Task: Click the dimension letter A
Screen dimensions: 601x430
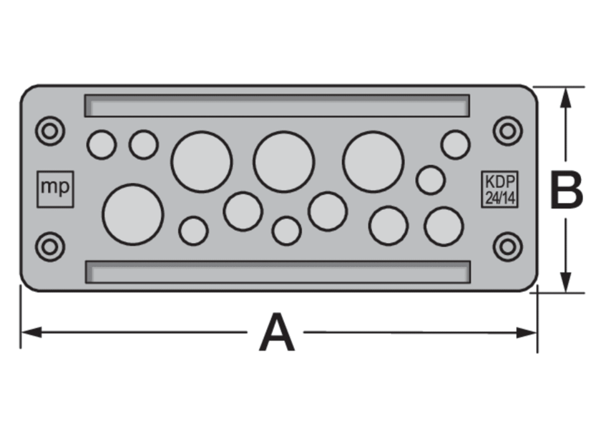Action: (277, 332)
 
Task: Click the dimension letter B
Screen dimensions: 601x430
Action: (566, 190)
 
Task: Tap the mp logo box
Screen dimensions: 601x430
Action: (55, 189)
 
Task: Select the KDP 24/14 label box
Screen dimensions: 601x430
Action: (500, 189)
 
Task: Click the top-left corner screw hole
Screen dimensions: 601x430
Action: (50, 131)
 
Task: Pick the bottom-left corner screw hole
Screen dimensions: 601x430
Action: (50, 247)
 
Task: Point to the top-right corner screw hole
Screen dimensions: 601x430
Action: (508, 131)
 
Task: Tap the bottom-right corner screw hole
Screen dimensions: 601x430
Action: (508, 247)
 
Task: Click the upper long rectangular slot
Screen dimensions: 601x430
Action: (277, 105)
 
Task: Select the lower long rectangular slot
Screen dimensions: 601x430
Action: (278, 272)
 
